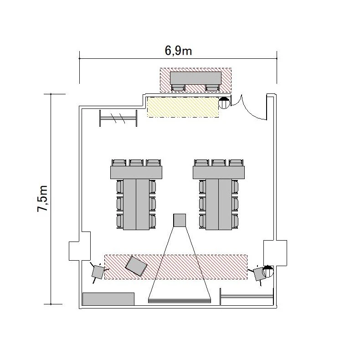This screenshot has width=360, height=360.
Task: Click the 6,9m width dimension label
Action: coord(178,51)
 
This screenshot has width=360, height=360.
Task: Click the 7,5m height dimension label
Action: coord(43,198)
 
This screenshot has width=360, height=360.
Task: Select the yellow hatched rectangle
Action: coord(183,107)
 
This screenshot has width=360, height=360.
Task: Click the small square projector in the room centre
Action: coord(180,220)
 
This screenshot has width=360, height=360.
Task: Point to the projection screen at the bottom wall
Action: coord(180,301)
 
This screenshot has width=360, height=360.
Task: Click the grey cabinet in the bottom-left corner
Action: coord(108,299)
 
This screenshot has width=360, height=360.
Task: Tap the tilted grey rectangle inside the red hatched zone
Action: coord(136,266)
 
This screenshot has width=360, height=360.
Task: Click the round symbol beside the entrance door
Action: coord(224,103)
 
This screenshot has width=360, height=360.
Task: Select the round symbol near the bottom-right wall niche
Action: coord(268,271)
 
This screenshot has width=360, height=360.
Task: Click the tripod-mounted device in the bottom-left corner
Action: coord(98,272)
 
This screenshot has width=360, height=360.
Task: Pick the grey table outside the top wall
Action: coord(195,78)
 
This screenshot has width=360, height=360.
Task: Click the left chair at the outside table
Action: coord(178,87)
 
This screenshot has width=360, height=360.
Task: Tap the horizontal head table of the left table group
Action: coord(136,172)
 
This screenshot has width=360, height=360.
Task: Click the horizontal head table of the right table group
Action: coord(219,172)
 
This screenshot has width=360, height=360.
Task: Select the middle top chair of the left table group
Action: coord(136,163)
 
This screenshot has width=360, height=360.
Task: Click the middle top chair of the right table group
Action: coord(219,163)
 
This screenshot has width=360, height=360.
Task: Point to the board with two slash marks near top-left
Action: coord(118,118)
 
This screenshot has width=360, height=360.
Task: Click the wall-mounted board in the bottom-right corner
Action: coord(247,296)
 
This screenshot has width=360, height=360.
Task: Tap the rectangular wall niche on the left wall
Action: coord(80,246)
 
